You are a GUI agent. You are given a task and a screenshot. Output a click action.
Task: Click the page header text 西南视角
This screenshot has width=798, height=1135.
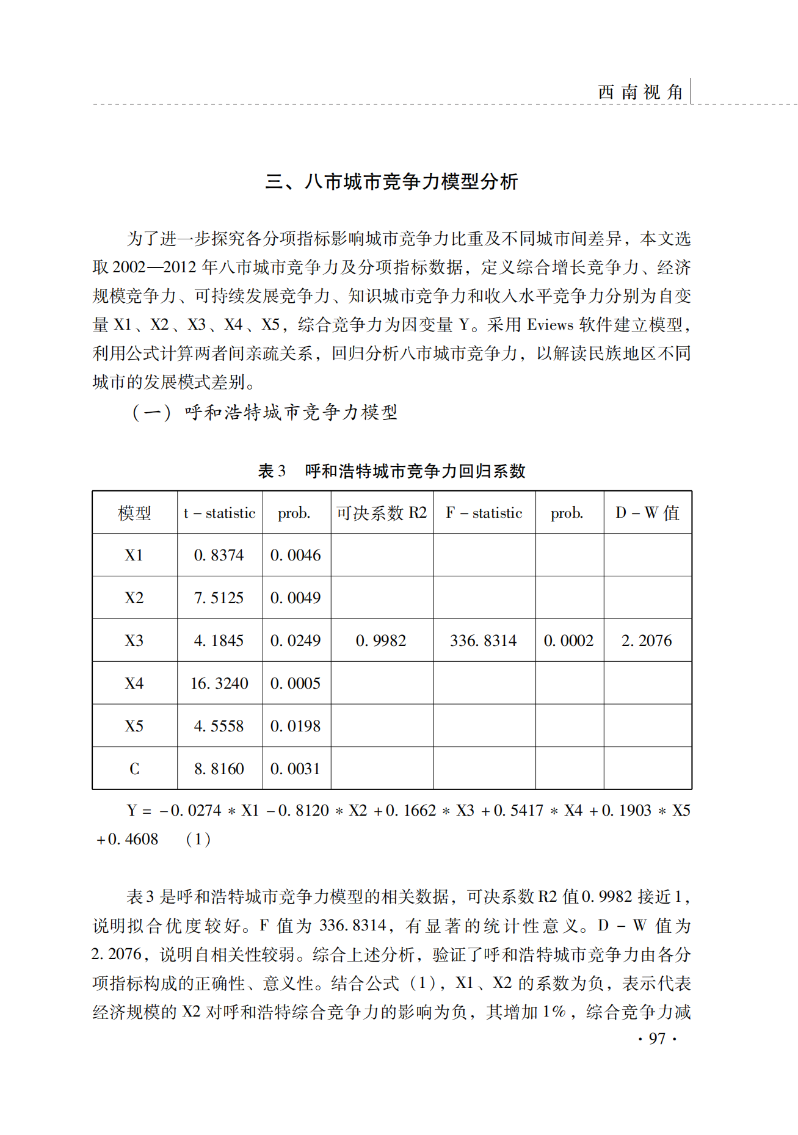coord(640,92)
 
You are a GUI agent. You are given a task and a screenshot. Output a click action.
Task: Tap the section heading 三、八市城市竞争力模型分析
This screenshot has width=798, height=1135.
coord(391,181)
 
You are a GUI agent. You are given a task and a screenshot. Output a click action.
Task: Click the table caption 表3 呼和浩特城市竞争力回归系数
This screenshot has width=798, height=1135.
coord(391,471)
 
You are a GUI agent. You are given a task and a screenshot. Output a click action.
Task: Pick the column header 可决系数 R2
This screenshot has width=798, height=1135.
coord(382,513)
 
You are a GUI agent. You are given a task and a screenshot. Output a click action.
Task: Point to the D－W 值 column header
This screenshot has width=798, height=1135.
coord(647,513)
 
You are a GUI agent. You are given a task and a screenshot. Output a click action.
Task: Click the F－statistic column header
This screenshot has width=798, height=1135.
coord(484,513)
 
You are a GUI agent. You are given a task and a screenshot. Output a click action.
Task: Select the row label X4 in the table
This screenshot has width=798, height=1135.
coord(134,683)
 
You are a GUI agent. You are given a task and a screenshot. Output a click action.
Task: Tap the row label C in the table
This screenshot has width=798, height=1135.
coord(134,769)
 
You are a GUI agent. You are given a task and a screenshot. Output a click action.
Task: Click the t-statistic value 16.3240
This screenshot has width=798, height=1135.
coord(219,683)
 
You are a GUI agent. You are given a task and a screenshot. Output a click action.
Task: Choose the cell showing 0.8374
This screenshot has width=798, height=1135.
coord(219,555)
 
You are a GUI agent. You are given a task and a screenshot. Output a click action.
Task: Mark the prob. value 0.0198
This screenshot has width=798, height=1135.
coord(296,726)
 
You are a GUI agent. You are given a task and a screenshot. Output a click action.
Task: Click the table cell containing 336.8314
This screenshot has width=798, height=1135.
coord(483,640)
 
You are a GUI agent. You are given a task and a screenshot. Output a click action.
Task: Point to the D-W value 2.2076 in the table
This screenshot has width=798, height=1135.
coord(647,640)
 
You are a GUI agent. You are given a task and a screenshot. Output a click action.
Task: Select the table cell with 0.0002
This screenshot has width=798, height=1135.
coord(568,640)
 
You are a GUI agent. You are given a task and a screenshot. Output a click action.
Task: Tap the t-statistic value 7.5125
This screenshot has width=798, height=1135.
coord(219,598)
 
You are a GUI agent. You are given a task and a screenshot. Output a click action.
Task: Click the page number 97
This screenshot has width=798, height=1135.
coord(657,1039)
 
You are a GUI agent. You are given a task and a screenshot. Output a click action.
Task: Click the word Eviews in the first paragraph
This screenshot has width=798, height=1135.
coord(550,325)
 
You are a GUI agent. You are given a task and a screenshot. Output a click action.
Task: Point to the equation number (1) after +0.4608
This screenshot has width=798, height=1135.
coord(198,839)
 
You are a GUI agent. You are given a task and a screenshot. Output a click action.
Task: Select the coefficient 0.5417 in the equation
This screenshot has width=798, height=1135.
coord(518,811)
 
